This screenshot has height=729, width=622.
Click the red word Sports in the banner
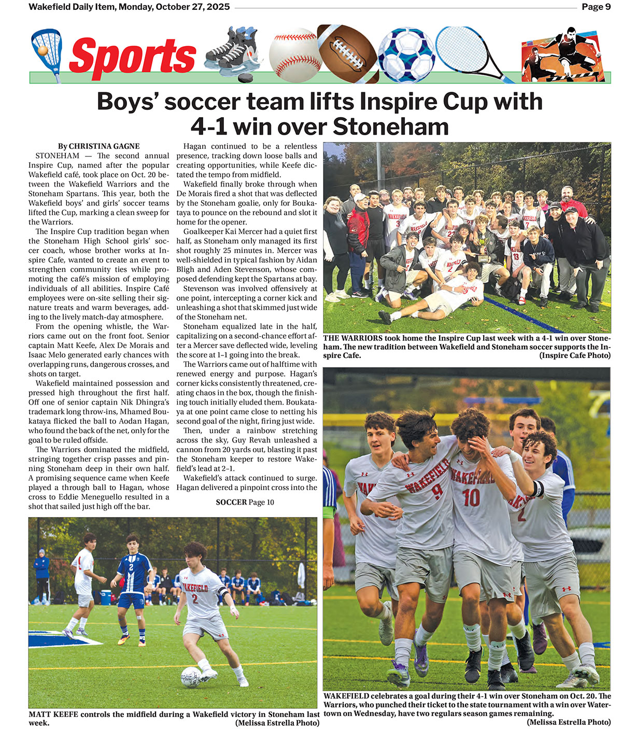(x=132, y=56)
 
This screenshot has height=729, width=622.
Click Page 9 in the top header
(x=596, y=7)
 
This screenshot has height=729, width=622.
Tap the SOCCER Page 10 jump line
(x=245, y=502)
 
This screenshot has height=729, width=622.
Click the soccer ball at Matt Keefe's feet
(x=191, y=677)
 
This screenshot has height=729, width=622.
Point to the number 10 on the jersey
(x=471, y=497)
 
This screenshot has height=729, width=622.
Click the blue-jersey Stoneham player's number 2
(x=132, y=567)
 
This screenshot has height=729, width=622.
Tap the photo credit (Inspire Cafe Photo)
(x=575, y=355)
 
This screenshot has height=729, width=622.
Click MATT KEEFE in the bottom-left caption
(x=53, y=714)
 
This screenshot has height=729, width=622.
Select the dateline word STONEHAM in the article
(x=58, y=156)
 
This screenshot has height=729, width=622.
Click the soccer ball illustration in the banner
(x=406, y=54)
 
